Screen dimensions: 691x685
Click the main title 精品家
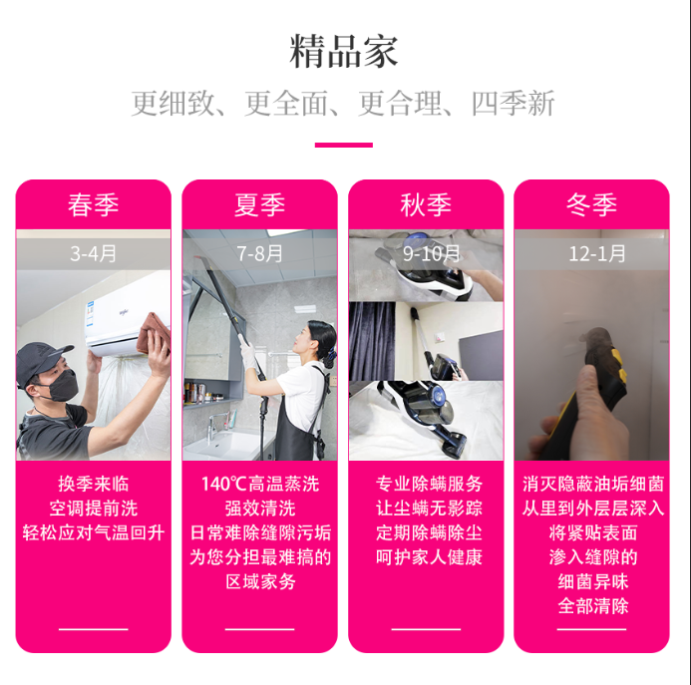[344, 52]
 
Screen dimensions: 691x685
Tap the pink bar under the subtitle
[344, 145]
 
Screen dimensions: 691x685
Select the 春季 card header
[94, 205]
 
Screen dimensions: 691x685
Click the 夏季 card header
[259, 205]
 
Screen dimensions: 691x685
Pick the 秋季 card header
[426, 205]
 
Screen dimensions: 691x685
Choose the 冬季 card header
[591, 205]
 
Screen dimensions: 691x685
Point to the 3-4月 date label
[94, 253]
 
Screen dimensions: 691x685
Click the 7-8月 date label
[259, 253]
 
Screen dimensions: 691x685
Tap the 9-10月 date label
[432, 253]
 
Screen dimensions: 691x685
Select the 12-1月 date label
[597, 253]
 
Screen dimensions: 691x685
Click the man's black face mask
[62, 386]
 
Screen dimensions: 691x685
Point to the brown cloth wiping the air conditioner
[154, 334]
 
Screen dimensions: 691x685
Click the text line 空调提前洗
[94, 509]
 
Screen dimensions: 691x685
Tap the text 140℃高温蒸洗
[260, 484]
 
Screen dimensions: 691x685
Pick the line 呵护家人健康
[429, 557]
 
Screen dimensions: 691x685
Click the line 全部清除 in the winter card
[593, 606]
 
